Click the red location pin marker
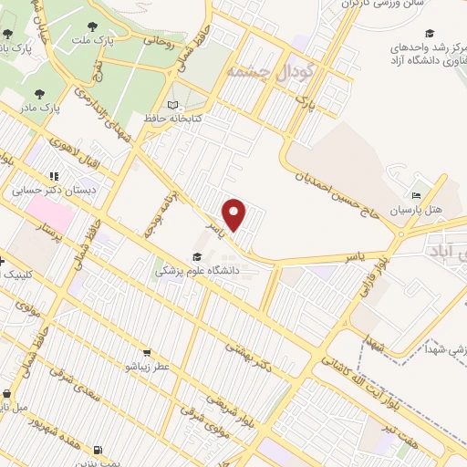point(235,214)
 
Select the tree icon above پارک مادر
point(39,93)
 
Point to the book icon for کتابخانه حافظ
point(174,104)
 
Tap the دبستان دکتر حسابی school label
point(43,192)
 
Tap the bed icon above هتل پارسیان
point(416,195)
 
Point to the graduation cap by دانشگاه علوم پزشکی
point(198,256)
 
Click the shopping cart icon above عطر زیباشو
point(146,353)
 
